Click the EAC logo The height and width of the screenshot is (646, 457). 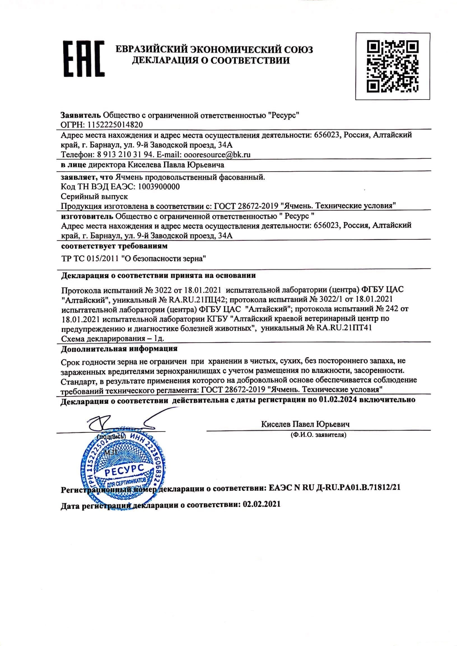click(83, 59)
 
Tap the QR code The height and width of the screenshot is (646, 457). click(393, 66)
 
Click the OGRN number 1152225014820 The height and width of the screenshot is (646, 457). click(115, 125)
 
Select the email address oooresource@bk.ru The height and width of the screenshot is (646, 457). click(217, 154)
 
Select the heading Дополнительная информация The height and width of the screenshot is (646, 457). click(119, 349)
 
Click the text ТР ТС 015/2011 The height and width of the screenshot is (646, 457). click(91, 259)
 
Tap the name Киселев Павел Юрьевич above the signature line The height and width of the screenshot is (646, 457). click(305, 424)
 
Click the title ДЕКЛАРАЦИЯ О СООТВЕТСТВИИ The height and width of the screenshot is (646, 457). click(211, 61)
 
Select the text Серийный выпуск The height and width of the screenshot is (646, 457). click(94, 196)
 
